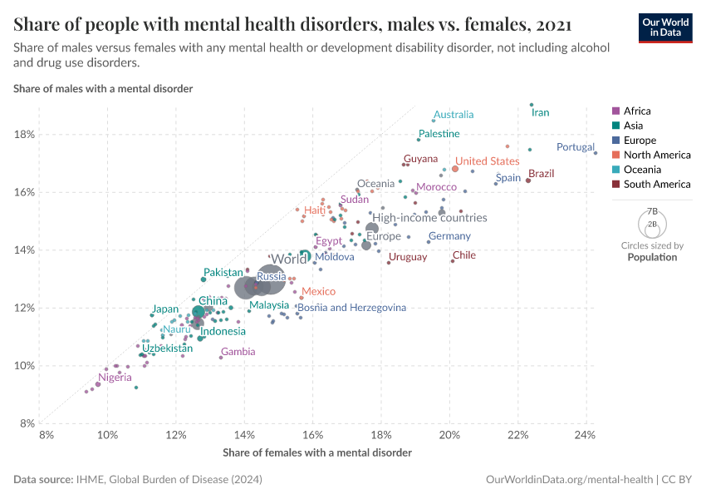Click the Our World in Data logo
tap(664, 27)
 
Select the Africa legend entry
tap(637, 111)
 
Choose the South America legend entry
tap(657, 185)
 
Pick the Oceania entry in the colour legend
tap(641, 170)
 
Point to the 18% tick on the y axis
tap(23, 135)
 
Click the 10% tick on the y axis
tap(23, 366)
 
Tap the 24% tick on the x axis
tap(585, 435)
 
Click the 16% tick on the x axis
tap(312, 435)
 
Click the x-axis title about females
tap(317, 452)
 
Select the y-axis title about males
tap(103, 88)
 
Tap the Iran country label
tap(540, 112)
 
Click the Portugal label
tap(575, 147)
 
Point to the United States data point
tap(455, 169)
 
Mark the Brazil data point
tap(528, 180)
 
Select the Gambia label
tap(238, 352)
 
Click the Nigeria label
tap(115, 378)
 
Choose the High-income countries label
tap(429, 218)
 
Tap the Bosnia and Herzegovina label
tap(351, 308)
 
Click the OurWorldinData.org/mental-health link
tap(568, 480)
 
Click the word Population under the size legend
tap(652, 257)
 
